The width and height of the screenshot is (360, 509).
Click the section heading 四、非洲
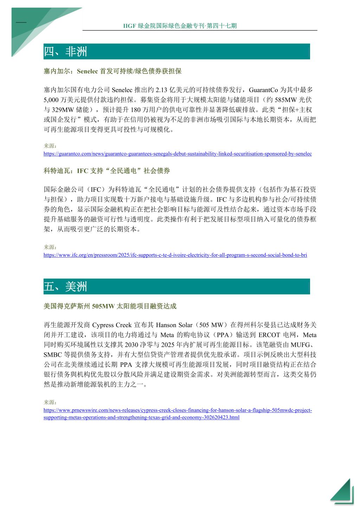[65, 52]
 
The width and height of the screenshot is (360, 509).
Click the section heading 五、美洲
[65, 287]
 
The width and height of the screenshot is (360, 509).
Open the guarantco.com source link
[178, 154]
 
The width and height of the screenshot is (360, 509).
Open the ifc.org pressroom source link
[175, 255]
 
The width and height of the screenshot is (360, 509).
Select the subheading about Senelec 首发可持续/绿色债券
[112, 71]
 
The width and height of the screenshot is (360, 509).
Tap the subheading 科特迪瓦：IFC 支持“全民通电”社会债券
[107, 171]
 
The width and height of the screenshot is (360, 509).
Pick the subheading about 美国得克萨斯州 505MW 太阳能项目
[110, 306]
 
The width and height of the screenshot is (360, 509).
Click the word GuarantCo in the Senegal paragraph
[264, 90]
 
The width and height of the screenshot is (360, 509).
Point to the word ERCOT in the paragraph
[269, 335]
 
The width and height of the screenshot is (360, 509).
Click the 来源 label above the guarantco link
[50, 146]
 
